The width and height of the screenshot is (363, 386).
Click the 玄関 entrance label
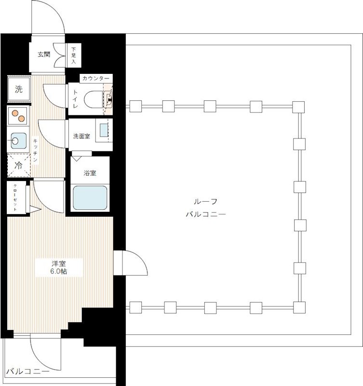click(44, 55)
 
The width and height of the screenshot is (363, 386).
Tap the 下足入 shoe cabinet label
click(74, 55)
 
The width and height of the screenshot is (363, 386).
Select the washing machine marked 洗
click(19, 89)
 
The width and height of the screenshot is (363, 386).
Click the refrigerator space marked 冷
click(19, 165)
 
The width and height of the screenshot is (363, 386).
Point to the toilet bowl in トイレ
click(93, 99)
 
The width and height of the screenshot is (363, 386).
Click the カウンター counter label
click(95, 79)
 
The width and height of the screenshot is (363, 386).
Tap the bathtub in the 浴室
click(90, 198)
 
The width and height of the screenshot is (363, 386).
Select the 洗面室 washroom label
click(81, 136)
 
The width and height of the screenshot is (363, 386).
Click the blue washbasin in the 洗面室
click(104, 130)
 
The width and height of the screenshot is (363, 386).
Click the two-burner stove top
click(18, 116)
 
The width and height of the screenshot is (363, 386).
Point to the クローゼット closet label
click(15, 198)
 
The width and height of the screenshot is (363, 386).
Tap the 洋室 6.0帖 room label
click(59, 268)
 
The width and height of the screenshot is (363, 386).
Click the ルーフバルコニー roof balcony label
click(205, 208)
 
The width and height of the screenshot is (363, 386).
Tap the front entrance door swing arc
click(56, 10)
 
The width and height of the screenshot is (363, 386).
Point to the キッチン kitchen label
click(35, 150)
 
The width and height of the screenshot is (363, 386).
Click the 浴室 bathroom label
click(90, 173)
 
